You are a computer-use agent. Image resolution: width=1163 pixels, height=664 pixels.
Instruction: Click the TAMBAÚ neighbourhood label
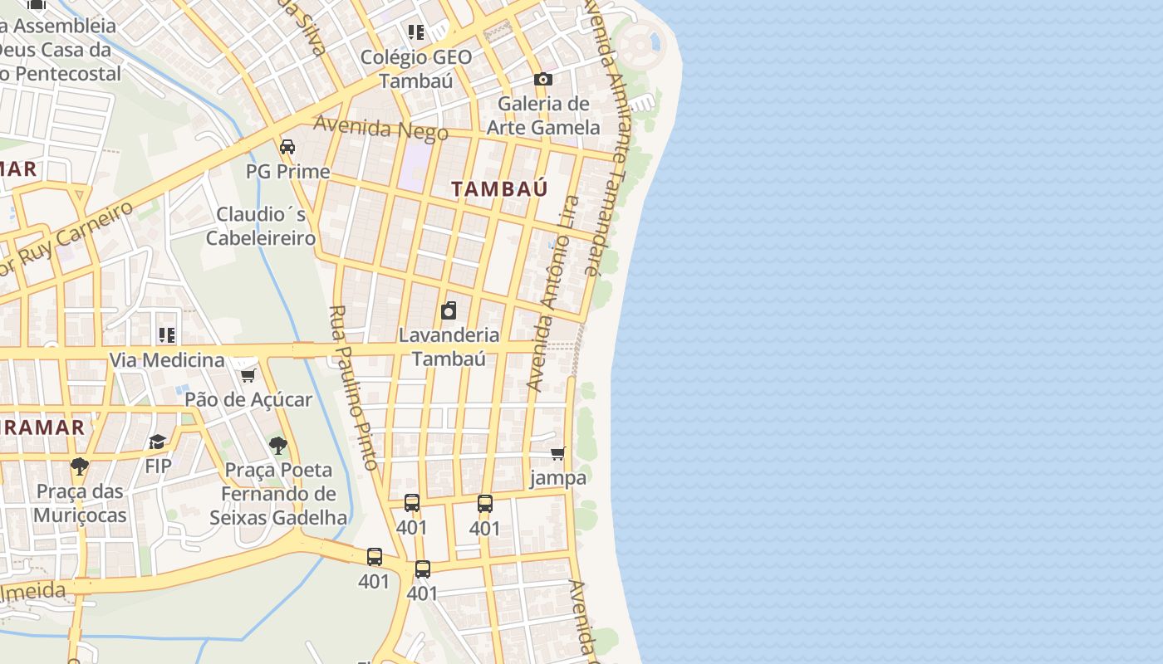pos(499,188)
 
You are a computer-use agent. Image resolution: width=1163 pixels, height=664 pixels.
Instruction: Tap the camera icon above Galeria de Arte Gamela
pos(542,79)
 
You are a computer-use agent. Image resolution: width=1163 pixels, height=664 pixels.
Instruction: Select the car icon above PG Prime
pos(287,147)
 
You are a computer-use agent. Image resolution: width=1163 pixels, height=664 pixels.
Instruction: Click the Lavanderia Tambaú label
pos(449,347)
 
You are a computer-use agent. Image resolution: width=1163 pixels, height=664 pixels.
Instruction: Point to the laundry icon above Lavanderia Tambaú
pos(449,310)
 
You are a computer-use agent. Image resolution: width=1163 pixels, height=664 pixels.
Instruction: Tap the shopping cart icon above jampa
pos(558,453)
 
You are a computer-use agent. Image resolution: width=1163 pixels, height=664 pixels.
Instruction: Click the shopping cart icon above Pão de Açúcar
pos(248,375)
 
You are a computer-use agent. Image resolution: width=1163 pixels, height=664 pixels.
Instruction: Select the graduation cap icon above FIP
pos(158,441)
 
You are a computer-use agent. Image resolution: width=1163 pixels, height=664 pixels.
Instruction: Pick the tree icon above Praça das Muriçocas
pos(79,466)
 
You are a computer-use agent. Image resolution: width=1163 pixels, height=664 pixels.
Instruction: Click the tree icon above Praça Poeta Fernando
pos(278,446)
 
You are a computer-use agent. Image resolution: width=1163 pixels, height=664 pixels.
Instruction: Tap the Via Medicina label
pos(167,359)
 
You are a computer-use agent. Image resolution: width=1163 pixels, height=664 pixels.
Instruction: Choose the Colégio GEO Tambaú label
pos(416,69)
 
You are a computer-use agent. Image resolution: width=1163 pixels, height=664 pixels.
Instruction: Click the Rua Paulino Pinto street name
pos(354,387)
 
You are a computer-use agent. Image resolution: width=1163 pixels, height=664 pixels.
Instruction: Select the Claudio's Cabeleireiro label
pos(261,226)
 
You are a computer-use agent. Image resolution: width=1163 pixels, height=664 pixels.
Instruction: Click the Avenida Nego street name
pos(380,128)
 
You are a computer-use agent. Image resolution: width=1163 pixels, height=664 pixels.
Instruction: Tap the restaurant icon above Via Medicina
pos(167,335)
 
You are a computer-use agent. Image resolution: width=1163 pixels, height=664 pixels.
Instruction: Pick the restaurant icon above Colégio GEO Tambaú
pos(416,32)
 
